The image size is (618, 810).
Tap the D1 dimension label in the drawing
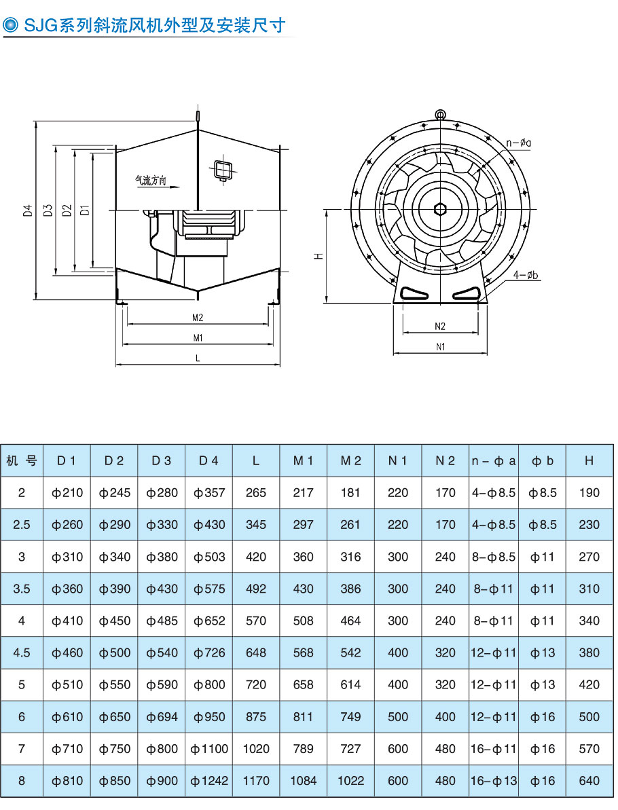point(84,210)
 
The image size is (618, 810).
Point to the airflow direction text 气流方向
point(150,181)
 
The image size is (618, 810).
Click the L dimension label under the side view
point(198,358)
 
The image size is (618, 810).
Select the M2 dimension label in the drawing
point(198,317)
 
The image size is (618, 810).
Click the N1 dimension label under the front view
point(440,346)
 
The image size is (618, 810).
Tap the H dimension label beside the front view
point(318,256)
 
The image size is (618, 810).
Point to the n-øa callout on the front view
point(519,143)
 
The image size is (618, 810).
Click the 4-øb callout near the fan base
point(526,275)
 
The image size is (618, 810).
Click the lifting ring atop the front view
point(440,115)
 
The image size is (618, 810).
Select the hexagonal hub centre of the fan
point(440,207)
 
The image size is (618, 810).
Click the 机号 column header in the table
point(22,460)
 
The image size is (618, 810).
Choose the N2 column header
point(445,460)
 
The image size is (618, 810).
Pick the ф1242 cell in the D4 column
point(209,781)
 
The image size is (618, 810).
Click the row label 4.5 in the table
point(22,652)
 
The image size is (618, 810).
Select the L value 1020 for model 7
point(256,749)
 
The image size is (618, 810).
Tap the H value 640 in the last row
point(589,781)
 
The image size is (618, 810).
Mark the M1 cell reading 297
point(303,525)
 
